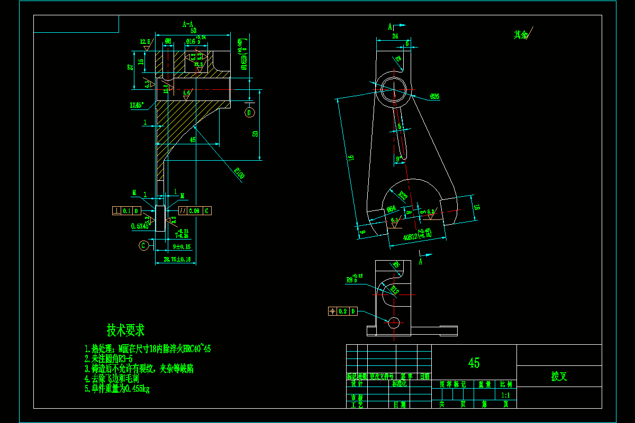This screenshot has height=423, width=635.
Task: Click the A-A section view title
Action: pos(188,24)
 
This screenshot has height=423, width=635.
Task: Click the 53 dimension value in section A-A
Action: pos(193,31)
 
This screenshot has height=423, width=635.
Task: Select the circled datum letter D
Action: pos(249,112)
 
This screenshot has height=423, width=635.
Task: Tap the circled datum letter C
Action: pos(143,245)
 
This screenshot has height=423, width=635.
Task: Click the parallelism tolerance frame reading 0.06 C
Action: pos(195,210)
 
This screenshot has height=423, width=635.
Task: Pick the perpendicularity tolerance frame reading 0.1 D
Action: pos(127,210)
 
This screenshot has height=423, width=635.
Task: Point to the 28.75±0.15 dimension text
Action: pos(177,259)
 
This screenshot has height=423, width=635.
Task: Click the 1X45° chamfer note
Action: pos(137,105)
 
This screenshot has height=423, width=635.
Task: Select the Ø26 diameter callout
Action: pos(434,97)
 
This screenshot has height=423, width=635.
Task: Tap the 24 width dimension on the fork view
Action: pos(395,36)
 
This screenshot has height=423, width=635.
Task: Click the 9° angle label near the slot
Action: pos(398,158)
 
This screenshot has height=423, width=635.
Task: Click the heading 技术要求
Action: pos(125,330)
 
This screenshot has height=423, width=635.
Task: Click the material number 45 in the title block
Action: pos(474,363)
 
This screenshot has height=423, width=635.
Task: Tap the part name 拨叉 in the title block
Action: pos(559,376)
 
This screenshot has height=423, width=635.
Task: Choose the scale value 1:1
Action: pos(505,394)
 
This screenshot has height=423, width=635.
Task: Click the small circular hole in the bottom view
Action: pos(394,322)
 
